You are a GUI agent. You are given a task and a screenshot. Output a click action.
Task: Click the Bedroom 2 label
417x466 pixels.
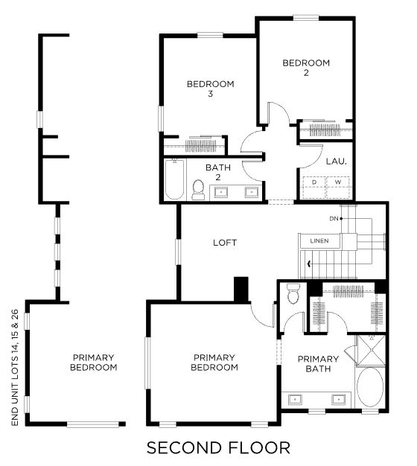pyautogui.click(x=306, y=68)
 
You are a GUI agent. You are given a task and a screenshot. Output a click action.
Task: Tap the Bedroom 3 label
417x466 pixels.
pyautogui.click(x=211, y=89)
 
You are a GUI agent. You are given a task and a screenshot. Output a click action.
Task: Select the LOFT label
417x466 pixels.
pyautogui.click(x=225, y=243)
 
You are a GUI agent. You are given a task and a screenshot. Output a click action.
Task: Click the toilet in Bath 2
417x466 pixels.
pyautogui.click(x=198, y=190)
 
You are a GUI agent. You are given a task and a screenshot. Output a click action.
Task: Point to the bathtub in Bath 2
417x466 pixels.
pyautogui.click(x=174, y=179)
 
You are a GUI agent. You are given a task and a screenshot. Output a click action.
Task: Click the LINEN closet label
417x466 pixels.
pyautogui.click(x=319, y=240)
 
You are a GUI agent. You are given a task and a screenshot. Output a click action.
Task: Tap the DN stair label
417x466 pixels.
pyautogui.click(x=334, y=219)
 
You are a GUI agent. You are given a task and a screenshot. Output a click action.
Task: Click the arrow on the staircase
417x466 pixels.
pyautogui.click(x=310, y=264)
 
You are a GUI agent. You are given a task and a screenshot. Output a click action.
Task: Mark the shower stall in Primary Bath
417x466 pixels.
pyautogui.click(x=371, y=350)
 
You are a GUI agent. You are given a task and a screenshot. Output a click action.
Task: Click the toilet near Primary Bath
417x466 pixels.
pyautogui.click(x=293, y=293)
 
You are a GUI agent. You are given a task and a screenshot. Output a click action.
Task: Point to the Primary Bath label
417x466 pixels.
pyautogui.click(x=318, y=364)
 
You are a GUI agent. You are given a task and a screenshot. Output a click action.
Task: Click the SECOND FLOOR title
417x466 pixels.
pyautogui.click(x=218, y=447)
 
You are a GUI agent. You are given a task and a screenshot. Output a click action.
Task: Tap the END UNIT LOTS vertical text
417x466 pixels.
pyautogui.click(x=15, y=367)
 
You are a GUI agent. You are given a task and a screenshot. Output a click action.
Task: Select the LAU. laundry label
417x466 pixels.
pyautogui.click(x=336, y=162)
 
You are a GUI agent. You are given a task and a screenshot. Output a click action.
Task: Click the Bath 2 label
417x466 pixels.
pyautogui.click(x=218, y=173)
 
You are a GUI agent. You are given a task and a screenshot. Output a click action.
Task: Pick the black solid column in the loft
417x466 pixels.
pyautogui.click(x=241, y=290)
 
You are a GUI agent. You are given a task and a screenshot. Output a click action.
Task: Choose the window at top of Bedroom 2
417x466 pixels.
pyautogui.click(x=306, y=19)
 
